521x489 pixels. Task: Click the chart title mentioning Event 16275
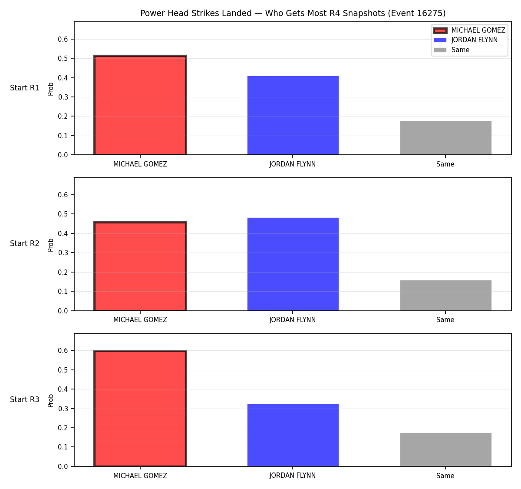tap(293, 13)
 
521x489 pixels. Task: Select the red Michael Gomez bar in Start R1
tap(140, 105)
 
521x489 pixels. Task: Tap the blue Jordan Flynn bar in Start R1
tap(293, 115)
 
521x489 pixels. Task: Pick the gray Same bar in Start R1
tap(445, 138)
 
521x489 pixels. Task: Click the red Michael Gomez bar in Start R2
tap(140, 266)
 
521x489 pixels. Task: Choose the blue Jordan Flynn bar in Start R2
tap(293, 264)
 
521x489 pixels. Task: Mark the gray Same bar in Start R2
tap(445, 295)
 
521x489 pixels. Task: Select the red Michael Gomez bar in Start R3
tap(140, 408)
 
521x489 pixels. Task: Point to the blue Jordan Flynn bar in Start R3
tap(293, 436)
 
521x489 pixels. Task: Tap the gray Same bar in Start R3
tap(445, 450)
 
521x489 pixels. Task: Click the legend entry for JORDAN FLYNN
tap(466, 40)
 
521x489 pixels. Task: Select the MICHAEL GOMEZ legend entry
tap(469, 30)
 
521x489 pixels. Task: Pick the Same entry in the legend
tap(452, 50)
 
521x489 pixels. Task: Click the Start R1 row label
tap(25, 88)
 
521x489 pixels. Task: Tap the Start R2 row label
tap(25, 243)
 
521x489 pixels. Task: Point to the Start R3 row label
tap(25, 399)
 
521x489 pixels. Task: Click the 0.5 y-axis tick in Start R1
tap(63, 58)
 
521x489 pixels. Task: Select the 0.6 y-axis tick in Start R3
tap(63, 350)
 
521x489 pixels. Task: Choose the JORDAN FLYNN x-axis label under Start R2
tap(293, 320)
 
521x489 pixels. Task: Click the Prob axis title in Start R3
tap(51, 401)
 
